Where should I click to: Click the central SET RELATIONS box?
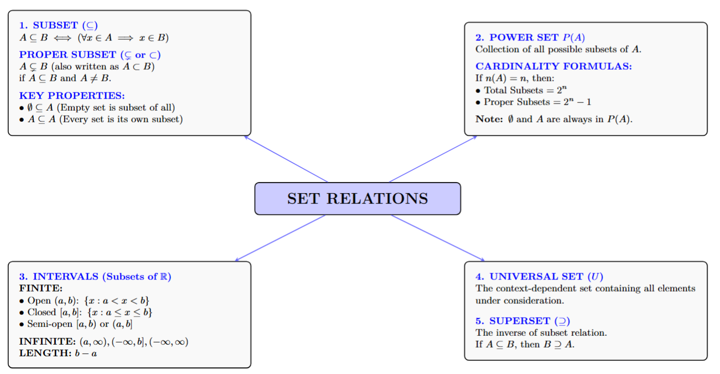pos(357,199)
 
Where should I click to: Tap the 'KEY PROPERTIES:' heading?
pos(72,95)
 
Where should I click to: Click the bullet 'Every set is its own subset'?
pos(102,119)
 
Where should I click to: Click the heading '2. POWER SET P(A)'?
pos(530,38)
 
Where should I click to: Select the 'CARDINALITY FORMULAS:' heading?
pos(553,66)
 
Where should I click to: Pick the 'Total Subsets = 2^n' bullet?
pos(526,90)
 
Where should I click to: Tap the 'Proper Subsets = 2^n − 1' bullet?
pos(534,102)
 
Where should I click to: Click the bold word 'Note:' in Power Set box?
pos(489,119)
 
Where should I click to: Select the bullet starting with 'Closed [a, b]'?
pos(89,312)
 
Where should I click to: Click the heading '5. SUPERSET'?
pos(522,321)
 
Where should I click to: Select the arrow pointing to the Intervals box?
pos(280,238)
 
